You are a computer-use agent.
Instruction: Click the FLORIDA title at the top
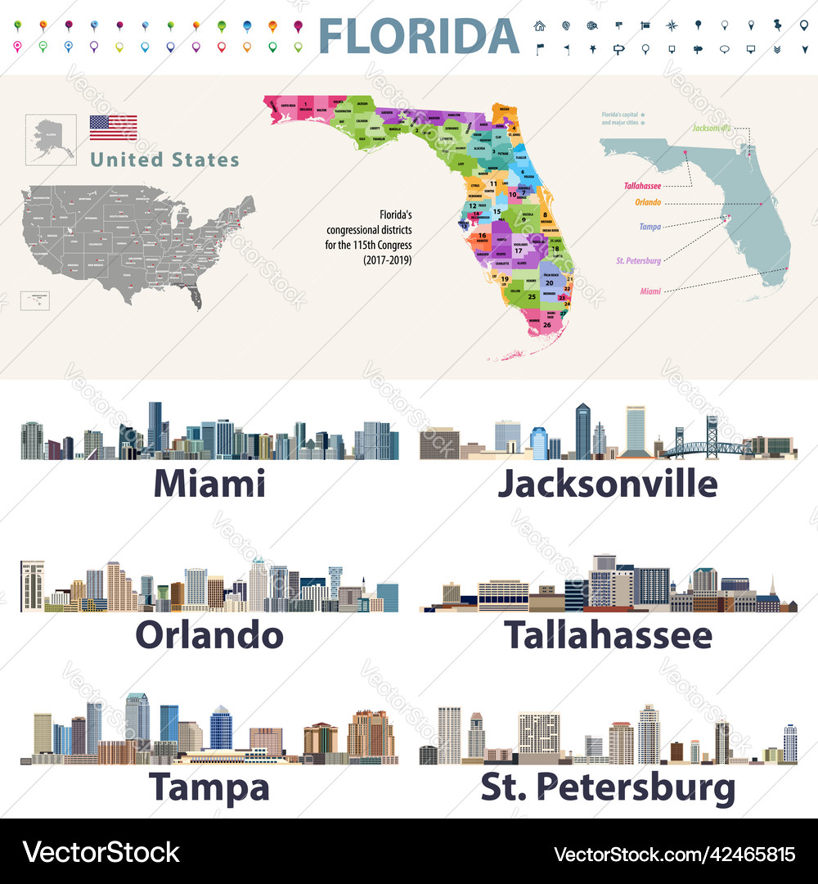point(418,35)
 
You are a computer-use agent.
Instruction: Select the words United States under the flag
point(164,160)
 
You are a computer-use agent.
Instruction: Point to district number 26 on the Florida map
point(546,325)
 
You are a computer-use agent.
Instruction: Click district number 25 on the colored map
point(533,295)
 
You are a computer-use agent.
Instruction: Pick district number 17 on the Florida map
point(518,250)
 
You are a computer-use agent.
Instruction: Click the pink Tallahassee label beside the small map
point(642,186)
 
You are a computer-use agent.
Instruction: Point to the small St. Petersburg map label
point(638,260)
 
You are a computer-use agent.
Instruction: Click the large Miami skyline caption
point(209,484)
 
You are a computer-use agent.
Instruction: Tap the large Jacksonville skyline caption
point(608,484)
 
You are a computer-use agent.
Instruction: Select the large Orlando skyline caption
point(209,635)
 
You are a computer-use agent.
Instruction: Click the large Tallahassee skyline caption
point(608,635)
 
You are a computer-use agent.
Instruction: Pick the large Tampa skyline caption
point(209,787)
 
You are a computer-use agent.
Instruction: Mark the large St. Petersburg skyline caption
point(608,787)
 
